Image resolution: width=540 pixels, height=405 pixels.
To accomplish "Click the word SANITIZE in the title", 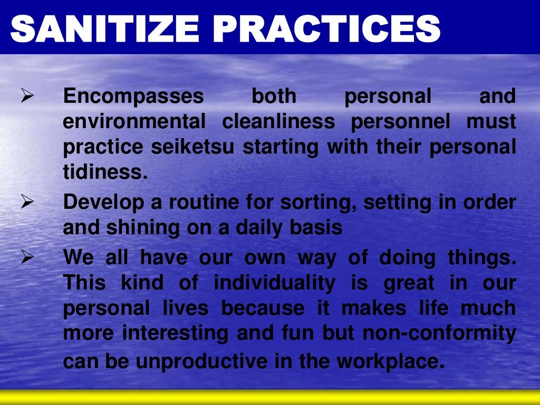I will pyautogui.click(x=105, y=28).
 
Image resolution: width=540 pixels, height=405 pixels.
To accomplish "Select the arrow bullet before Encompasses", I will pyautogui.click(x=27, y=97).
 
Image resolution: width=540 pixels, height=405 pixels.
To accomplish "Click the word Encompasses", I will pyautogui.click(x=133, y=97).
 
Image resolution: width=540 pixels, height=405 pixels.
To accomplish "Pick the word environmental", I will pyautogui.click(x=134, y=122).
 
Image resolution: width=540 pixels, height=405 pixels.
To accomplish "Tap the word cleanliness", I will pyautogui.click(x=278, y=122).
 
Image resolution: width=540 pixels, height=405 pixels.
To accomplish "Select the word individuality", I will pyautogui.click(x=274, y=284).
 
